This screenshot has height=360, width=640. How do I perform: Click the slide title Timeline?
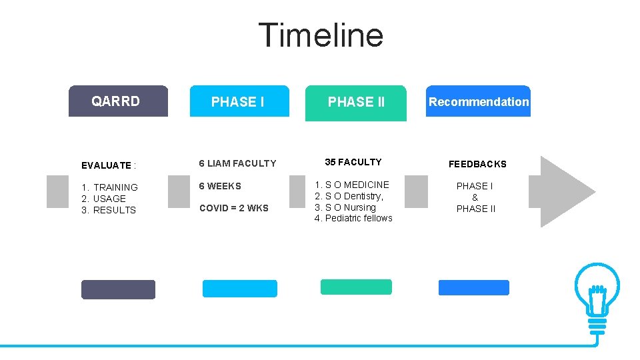click(320, 35)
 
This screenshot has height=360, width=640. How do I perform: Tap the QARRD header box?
click(118, 101)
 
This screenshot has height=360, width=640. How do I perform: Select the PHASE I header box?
click(239, 101)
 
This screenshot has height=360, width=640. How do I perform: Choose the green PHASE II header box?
click(355, 103)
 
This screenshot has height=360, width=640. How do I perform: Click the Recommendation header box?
click(478, 101)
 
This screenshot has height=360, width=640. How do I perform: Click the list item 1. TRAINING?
click(109, 187)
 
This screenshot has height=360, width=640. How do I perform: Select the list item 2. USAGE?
click(103, 199)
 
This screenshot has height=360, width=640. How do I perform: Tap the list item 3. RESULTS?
click(108, 210)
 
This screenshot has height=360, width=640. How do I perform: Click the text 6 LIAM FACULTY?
click(237, 163)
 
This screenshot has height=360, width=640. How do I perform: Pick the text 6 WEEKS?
click(220, 186)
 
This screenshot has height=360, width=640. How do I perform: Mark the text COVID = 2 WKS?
click(233, 208)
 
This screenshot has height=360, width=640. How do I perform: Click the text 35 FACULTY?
click(353, 162)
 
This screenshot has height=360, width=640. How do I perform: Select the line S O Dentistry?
click(349, 196)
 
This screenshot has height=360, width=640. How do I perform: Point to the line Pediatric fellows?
click(353, 218)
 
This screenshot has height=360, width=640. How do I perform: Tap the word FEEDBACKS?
click(477, 164)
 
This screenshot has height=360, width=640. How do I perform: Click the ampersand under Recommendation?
click(475, 197)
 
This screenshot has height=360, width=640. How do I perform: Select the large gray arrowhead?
click(567, 191)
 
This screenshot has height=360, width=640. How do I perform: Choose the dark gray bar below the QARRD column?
click(118, 289)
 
